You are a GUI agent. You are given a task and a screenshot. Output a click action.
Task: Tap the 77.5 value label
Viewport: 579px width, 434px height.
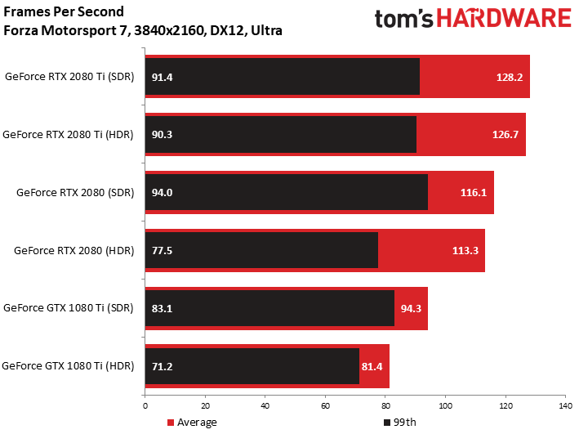[x=163, y=250]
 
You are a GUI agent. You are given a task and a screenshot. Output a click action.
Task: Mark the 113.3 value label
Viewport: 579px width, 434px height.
[x=464, y=250]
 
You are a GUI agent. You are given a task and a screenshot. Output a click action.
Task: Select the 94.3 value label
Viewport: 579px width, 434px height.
[x=411, y=308]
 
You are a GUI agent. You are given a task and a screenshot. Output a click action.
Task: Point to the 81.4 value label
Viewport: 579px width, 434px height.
[x=373, y=366]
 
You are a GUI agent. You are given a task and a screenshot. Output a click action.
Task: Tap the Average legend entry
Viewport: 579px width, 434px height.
[x=192, y=423]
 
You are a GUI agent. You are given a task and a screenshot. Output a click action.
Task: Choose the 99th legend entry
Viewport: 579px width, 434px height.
[x=399, y=423]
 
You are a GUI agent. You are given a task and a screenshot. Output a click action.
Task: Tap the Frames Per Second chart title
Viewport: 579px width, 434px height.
[x=64, y=12]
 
